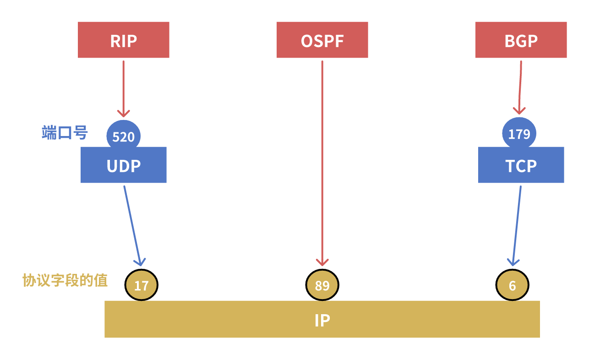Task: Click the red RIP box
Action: click(123, 40)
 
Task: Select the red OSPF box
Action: click(322, 40)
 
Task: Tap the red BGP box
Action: click(521, 40)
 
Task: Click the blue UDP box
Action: click(123, 166)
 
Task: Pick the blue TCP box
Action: click(521, 166)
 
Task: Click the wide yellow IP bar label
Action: click(322, 320)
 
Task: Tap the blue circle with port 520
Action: click(123, 136)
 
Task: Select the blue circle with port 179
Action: click(519, 133)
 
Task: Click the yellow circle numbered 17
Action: click(141, 285)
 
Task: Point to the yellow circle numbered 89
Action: click(322, 285)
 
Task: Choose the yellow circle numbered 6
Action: click(512, 285)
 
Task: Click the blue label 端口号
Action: click(65, 133)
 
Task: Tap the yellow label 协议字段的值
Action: click(65, 280)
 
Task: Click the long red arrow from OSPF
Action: click(322, 160)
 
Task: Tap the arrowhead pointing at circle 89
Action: click(322, 262)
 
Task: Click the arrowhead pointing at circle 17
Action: click(140, 262)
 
